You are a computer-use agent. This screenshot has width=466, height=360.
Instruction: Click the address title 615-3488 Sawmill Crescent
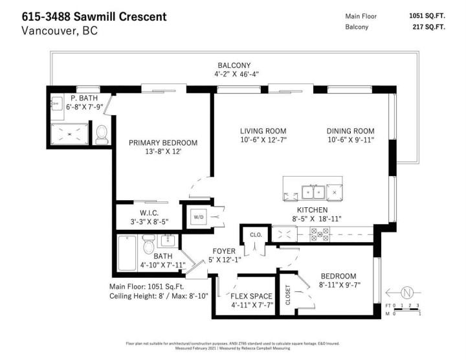pos(94,16)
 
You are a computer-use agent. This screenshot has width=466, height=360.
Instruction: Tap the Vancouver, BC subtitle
pos(60,30)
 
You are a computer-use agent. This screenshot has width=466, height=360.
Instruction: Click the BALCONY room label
pos(234,65)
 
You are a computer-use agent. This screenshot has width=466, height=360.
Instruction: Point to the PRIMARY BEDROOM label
pos(162,142)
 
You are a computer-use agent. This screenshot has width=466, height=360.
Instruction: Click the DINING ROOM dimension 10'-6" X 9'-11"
pos(351,140)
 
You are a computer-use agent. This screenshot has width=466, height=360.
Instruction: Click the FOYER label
pos(224,251)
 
